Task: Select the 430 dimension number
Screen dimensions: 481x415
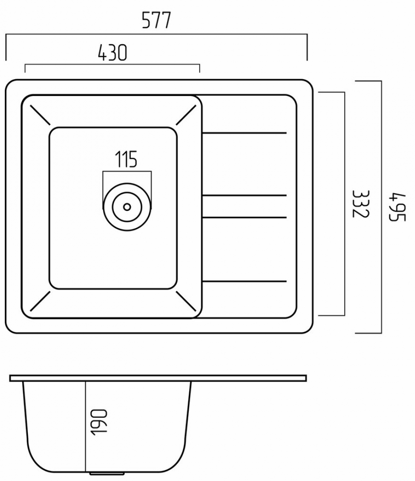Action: tap(112, 53)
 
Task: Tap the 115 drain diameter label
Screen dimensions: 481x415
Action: tap(126, 160)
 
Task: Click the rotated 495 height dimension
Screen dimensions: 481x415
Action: tap(399, 207)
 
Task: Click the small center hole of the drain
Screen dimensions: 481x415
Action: tap(127, 206)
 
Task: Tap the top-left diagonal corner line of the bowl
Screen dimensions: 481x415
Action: tap(39, 115)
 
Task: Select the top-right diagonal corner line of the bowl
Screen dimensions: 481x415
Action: tap(186, 115)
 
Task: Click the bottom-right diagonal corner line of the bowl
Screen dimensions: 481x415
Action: tap(186, 301)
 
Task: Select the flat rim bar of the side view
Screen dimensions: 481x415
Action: tap(158, 378)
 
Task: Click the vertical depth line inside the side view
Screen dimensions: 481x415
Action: tap(85, 424)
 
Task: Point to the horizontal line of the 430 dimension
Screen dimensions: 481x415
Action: tap(112, 65)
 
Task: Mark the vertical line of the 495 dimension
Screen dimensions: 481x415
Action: tap(381, 207)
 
